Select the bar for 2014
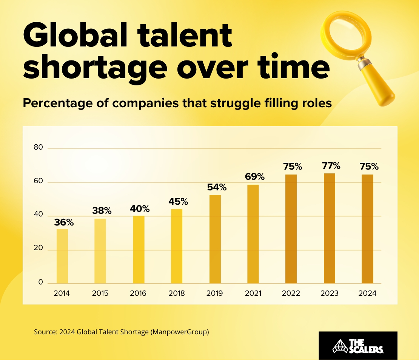tap(62, 256)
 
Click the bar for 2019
tap(215, 239)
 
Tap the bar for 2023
tap(330, 229)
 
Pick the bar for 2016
tap(139, 250)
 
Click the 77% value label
tap(331, 165)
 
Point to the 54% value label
tap(217, 187)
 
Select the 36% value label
tap(64, 222)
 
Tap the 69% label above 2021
tap(255, 176)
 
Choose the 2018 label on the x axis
tap(177, 294)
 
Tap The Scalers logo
tap(358, 346)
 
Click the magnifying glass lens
tap(344, 33)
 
